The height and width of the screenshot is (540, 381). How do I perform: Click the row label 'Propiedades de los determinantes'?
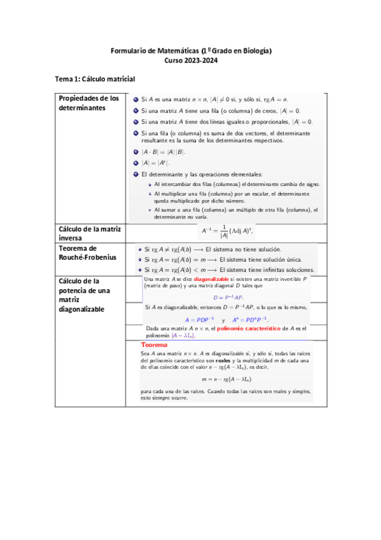[x=89, y=104]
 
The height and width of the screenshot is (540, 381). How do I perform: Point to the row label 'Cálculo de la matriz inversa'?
[x=89, y=233]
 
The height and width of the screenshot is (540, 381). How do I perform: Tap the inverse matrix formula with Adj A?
[x=226, y=232]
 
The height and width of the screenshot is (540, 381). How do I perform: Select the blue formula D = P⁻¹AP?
[x=228, y=297]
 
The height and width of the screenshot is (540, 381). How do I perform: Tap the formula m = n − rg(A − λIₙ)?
[x=227, y=377]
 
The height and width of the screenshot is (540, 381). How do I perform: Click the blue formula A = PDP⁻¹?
[x=199, y=319]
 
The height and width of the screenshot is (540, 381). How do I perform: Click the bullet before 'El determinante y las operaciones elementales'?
[x=135, y=174]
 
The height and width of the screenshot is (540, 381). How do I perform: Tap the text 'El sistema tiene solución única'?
[x=260, y=259]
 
